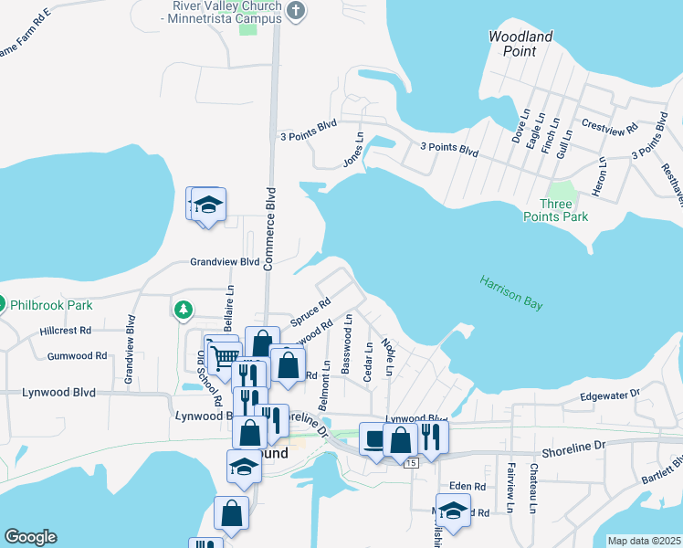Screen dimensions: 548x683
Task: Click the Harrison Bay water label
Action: [x=511, y=292]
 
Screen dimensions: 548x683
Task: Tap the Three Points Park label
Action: [x=555, y=210]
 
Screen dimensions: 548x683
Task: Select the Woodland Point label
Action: [x=520, y=43]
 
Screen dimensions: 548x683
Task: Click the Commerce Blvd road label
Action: [x=269, y=228]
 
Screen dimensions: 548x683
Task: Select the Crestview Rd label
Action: [x=609, y=129]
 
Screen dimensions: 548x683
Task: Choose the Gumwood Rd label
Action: [x=77, y=355]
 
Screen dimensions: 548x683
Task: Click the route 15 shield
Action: [x=412, y=464]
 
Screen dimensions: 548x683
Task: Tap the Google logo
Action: [x=30, y=537]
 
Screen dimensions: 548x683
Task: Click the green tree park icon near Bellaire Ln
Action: [x=184, y=310]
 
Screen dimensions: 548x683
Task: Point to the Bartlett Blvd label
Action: [x=660, y=466]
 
